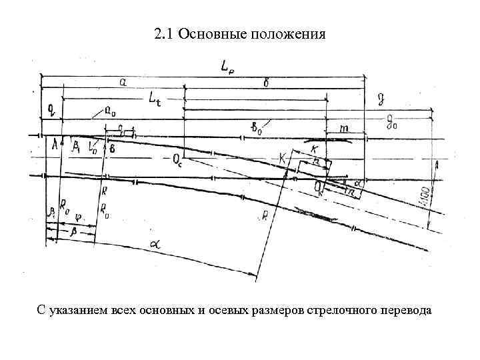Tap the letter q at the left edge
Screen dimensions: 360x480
pyautogui.click(x=51, y=109)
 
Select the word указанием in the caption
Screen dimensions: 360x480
pyautogui.click(x=79, y=311)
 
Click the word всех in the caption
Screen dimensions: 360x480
pyautogui.click(x=125, y=311)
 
